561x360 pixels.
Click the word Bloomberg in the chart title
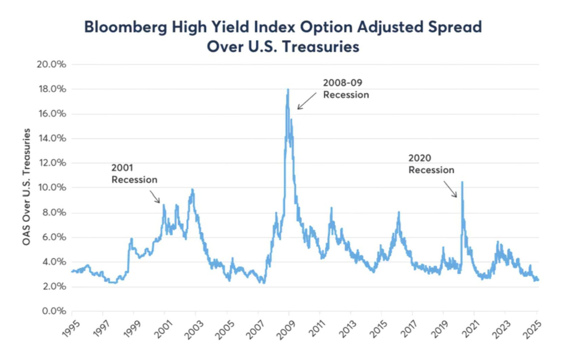(x=125, y=27)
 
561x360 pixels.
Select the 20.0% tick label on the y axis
(x=51, y=65)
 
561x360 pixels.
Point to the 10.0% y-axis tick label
(x=51, y=188)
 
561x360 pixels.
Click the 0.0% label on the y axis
(x=54, y=311)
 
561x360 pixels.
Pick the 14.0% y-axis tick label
(x=51, y=138)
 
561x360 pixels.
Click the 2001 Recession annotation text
(x=134, y=174)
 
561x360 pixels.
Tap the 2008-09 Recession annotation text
(x=346, y=89)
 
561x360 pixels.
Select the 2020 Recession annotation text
(x=431, y=164)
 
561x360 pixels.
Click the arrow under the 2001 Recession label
(x=155, y=196)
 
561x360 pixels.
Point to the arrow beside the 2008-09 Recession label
(x=306, y=101)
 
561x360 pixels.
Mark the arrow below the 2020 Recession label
(x=450, y=189)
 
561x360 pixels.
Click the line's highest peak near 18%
(x=288, y=90)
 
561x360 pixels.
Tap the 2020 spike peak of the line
(x=462, y=182)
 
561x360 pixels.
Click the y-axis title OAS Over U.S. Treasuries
(x=26, y=187)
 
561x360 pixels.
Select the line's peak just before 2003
(x=192, y=190)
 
